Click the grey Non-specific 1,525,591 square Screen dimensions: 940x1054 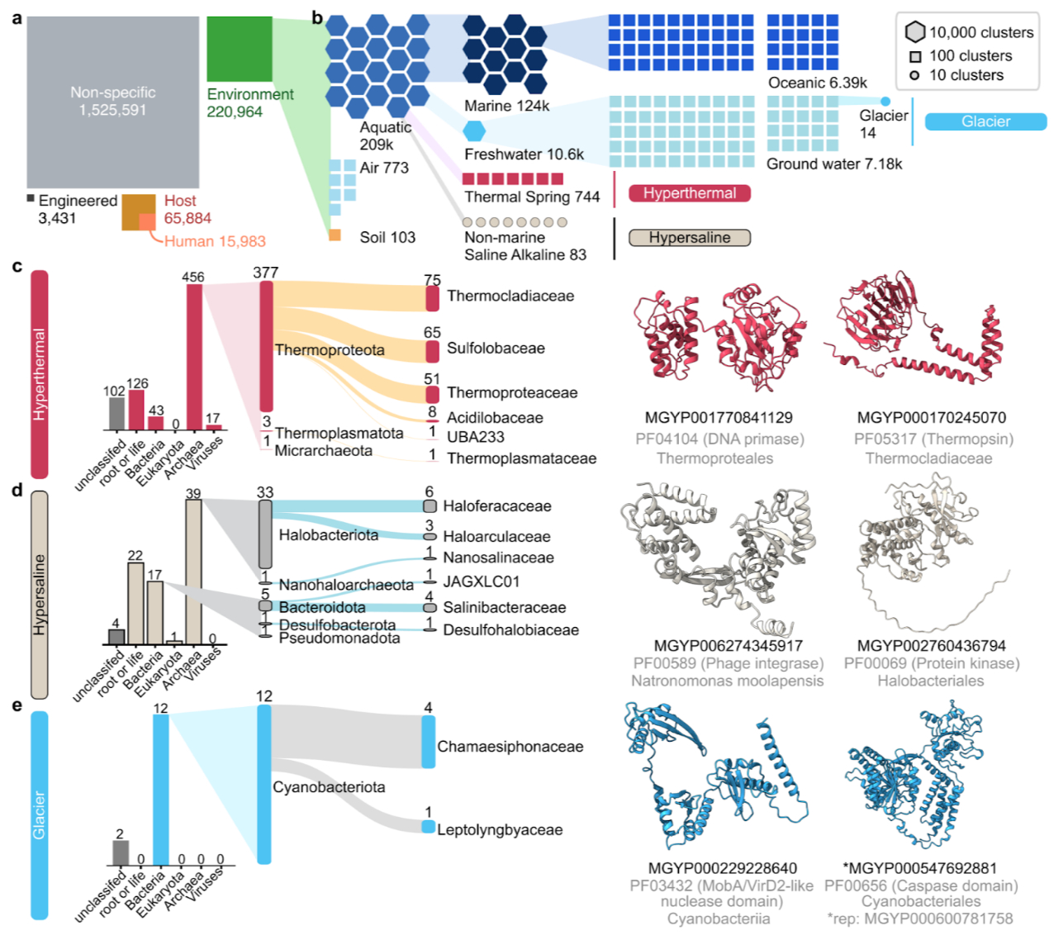pyautogui.click(x=112, y=102)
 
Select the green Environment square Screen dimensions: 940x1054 pyautogui.click(x=239, y=49)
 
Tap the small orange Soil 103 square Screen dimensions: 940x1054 pyautogui.click(x=335, y=235)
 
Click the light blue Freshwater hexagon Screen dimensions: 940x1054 pyautogui.click(x=474, y=131)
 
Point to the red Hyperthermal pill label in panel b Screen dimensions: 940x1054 pyautogui.click(x=689, y=193)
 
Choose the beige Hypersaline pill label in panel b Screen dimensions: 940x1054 pyautogui.click(x=689, y=238)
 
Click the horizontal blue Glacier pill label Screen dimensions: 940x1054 pyautogui.click(x=985, y=122)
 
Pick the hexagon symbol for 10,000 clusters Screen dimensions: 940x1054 pyautogui.click(x=914, y=32)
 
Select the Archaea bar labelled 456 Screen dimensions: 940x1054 pyautogui.click(x=194, y=357)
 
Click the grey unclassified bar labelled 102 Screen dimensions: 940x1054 pyautogui.click(x=116, y=414)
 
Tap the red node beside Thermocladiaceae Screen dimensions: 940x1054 pyautogui.click(x=432, y=298)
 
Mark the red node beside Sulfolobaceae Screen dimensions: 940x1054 pyautogui.click(x=432, y=351)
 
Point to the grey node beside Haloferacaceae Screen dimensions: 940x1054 pyautogui.click(x=430, y=506)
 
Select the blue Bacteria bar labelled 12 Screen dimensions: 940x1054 pyautogui.click(x=161, y=790)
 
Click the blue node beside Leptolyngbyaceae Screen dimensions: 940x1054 pyautogui.click(x=428, y=827)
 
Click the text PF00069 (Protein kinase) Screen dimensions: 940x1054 pyautogui.click(x=931, y=663)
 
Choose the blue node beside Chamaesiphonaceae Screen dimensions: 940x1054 pyautogui.click(x=428, y=742)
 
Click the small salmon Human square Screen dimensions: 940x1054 pyautogui.click(x=147, y=222)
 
